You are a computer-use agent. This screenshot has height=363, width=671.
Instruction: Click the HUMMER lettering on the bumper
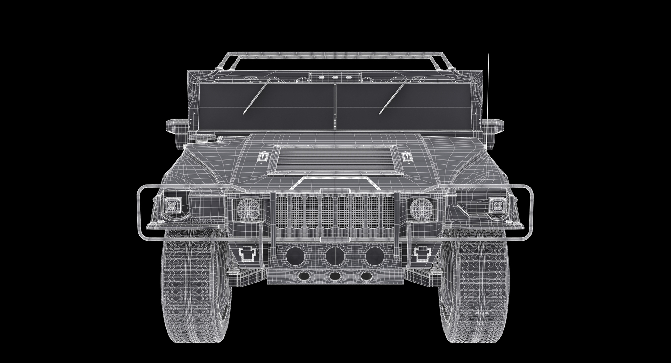click(201, 221)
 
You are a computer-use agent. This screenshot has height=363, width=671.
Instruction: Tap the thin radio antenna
click(488, 87)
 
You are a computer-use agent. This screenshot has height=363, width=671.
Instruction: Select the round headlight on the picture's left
click(248, 209)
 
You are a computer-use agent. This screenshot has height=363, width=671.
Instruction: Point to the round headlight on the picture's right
click(421, 209)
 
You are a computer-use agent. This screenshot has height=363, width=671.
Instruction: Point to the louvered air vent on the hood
click(334, 160)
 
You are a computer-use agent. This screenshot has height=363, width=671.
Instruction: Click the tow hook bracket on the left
click(249, 254)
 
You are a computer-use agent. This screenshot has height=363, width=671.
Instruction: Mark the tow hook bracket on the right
click(421, 254)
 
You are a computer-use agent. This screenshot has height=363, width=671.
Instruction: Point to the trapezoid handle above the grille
click(334, 181)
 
